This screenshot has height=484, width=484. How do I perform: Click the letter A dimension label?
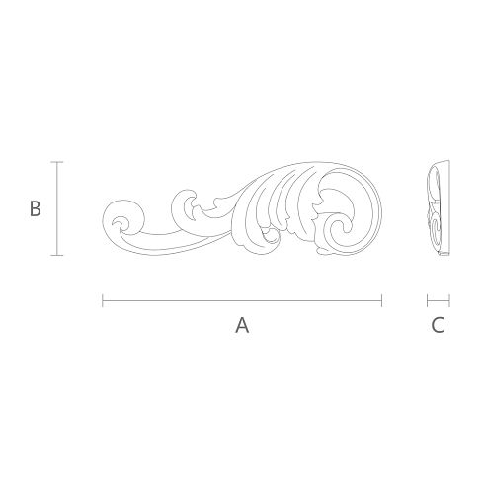(242, 325)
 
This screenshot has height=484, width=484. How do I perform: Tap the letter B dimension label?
(36, 208)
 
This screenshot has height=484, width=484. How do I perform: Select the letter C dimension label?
(438, 325)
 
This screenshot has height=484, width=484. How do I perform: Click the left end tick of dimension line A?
(103, 300)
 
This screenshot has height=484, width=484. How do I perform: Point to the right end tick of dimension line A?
(381, 300)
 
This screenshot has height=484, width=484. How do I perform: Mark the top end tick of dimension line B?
(57, 162)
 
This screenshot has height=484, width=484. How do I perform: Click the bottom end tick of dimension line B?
(57, 255)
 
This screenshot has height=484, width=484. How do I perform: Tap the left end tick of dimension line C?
(427, 300)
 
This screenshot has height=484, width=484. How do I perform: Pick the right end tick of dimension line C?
(449, 300)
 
